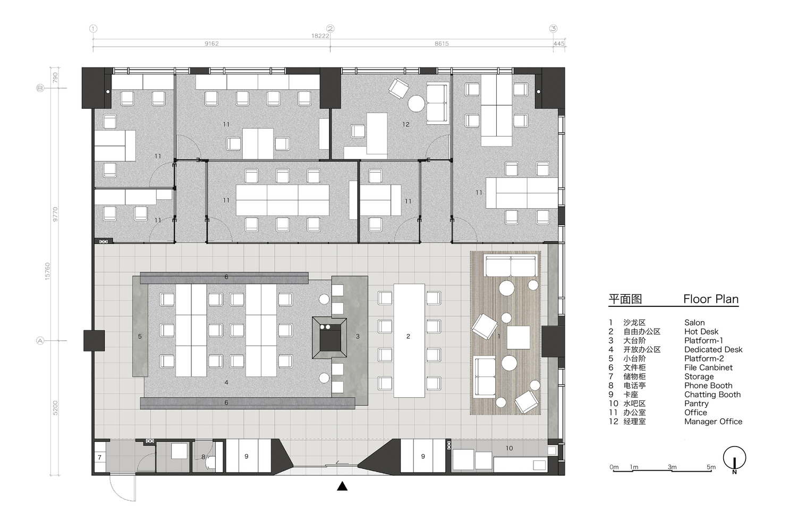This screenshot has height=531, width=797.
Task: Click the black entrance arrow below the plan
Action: click(342, 486)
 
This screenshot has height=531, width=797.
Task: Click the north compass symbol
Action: click(734, 459)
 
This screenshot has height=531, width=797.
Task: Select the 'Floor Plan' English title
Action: click(710, 299)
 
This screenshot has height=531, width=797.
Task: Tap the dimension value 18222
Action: click(320, 36)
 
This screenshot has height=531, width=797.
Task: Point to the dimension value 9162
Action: click(211, 44)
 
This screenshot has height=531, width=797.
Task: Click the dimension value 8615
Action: click(442, 44)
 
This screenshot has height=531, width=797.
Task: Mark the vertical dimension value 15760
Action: click(47, 271)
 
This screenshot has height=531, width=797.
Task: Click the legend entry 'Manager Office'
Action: click(713, 422)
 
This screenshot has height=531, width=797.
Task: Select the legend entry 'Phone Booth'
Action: click(708, 386)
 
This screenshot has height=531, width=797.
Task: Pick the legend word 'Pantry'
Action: click(696, 404)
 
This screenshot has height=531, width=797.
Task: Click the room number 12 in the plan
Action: click(406, 124)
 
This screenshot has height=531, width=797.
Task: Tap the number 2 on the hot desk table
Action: click(408, 337)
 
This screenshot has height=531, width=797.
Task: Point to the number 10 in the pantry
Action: click(509, 448)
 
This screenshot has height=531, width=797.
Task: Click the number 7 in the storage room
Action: click(100, 457)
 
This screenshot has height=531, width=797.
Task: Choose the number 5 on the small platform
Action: click(140, 337)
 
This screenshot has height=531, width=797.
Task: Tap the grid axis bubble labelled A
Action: click(40, 341)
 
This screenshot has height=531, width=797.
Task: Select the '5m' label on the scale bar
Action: click(710, 467)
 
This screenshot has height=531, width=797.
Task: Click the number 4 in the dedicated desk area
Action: click(226, 383)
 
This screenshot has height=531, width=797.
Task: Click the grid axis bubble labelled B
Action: click(40, 88)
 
